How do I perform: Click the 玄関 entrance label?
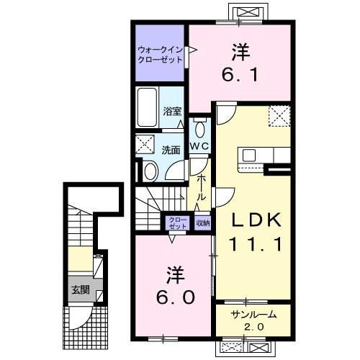(x=81, y=290)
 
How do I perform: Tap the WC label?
(x=199, y=146)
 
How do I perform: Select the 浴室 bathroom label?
(x=172, y=112)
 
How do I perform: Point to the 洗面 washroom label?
(x=171, y=150)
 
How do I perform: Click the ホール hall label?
(x=202, y=188)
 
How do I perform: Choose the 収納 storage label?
(x=203, y=223)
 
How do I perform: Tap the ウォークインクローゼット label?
(x=161, y=55)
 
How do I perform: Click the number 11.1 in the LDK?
(x=256, y=243)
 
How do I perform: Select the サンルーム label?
(x=253, y=315)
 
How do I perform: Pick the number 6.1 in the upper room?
(x=240, y=74)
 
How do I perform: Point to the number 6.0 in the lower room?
(x=175, y=297)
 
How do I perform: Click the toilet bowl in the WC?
(x=199, y=129)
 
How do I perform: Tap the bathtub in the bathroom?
(x=147, y=107)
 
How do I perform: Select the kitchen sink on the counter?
(x=248, y=155)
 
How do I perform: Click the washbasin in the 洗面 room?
(x=150, y=171)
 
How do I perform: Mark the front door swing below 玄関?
(x=79, y=317)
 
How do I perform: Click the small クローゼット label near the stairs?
(x=178, y=223)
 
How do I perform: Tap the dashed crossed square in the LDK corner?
(x=279, y=116)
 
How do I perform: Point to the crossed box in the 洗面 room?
(x=145, y=144)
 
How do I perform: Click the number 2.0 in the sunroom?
(x=254, y=327)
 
